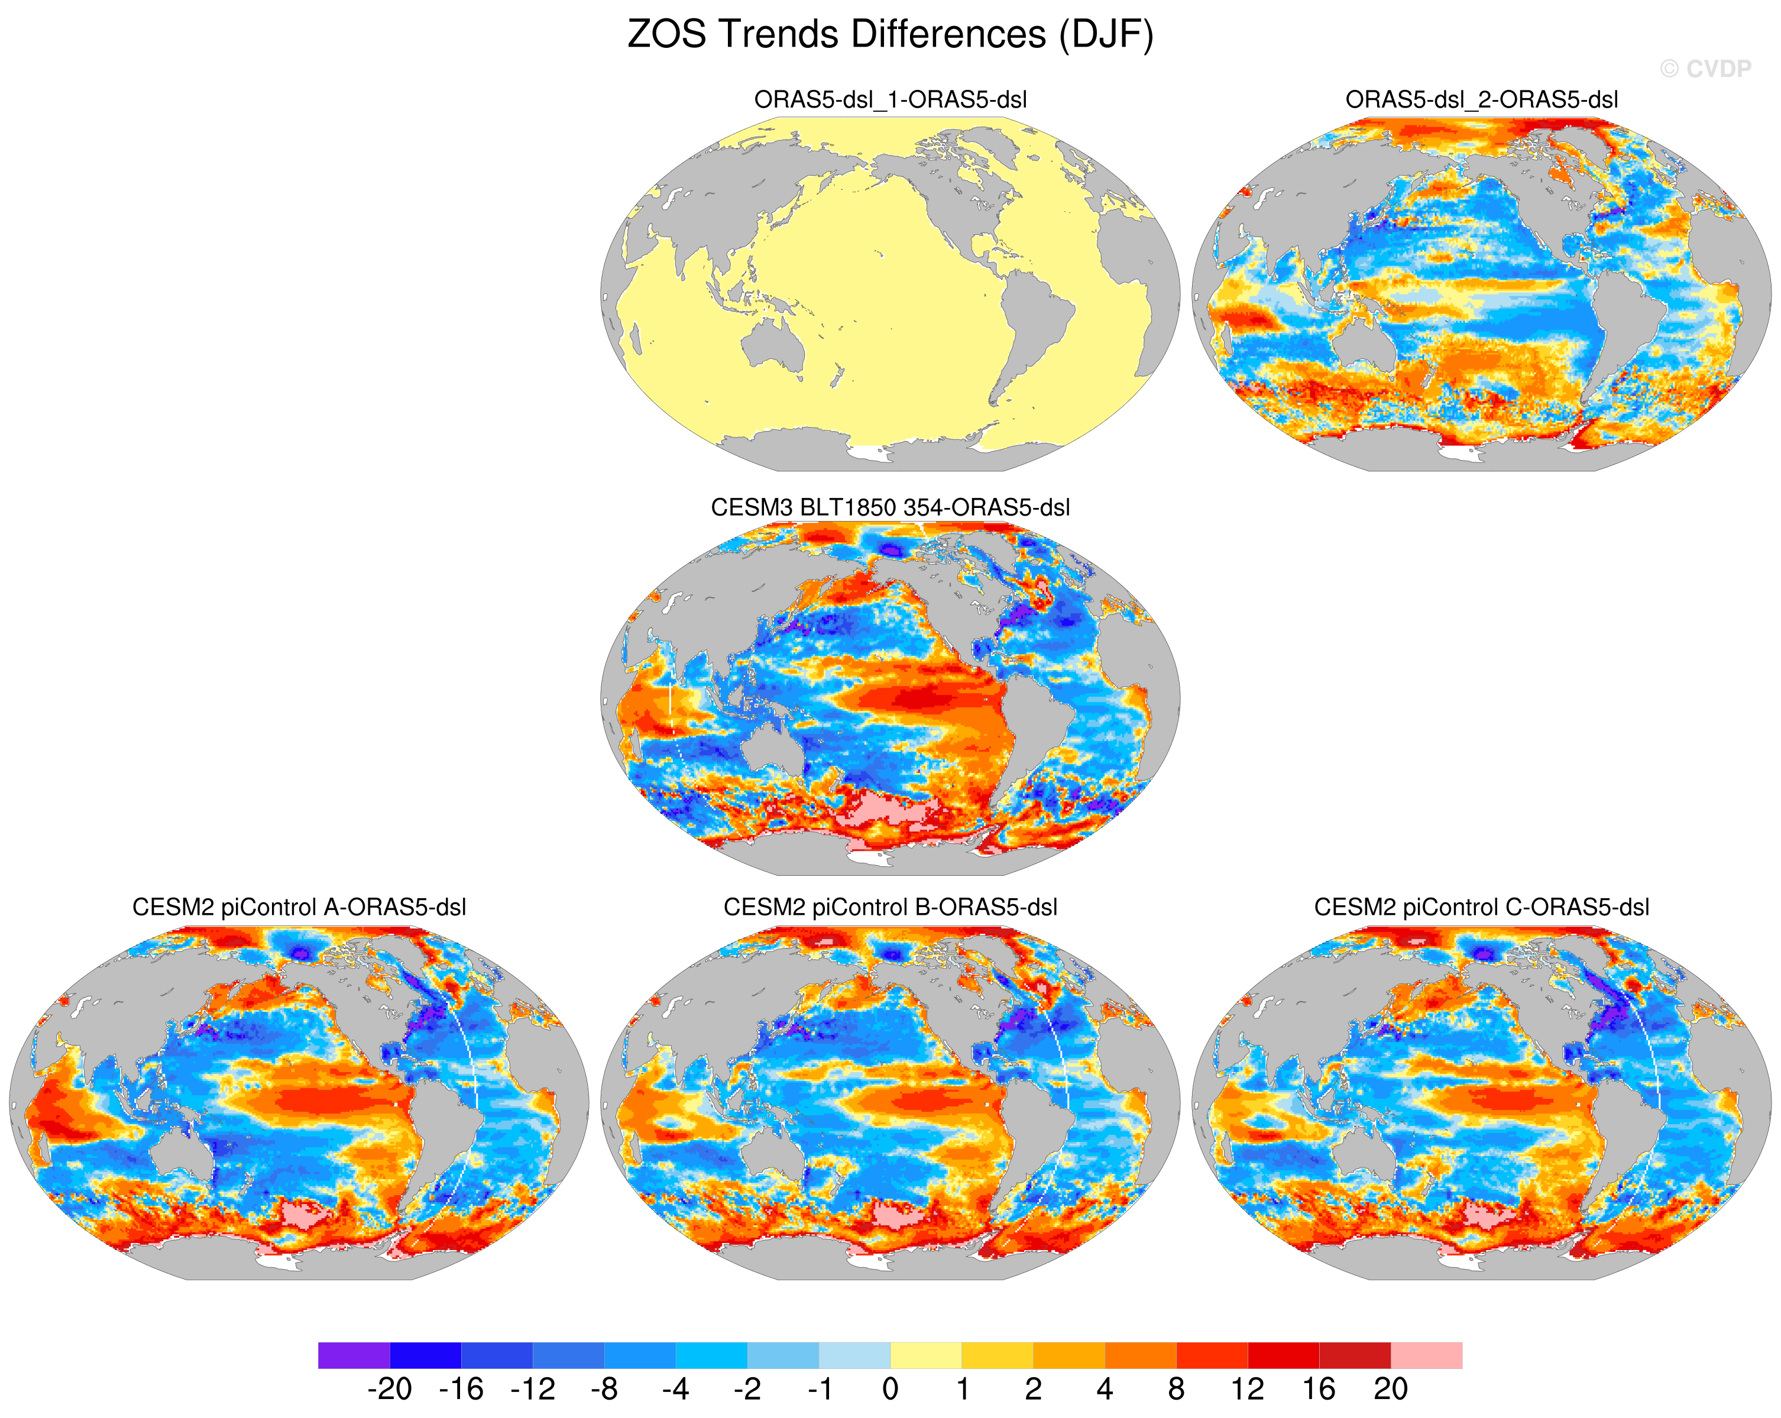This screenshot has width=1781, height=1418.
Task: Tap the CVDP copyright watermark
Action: coord(1706,69)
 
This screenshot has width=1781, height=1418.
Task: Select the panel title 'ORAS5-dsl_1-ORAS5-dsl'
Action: coord(890,100)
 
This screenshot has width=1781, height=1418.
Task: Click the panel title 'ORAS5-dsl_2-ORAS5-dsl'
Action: coord(1482,100)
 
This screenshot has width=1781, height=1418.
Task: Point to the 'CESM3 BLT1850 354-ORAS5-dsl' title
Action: coord(890,507)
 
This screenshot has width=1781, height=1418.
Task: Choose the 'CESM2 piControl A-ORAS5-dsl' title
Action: coord(299,907)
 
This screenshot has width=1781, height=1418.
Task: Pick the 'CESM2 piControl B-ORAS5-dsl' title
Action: coord(890,907)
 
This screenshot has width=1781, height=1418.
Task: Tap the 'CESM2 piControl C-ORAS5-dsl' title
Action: coord(1482,907)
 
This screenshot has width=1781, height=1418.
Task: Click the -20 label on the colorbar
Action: coord(389,1389)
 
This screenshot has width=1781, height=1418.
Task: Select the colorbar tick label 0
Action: coord(890,1389)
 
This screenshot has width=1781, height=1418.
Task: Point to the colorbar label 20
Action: coord(1391,1389)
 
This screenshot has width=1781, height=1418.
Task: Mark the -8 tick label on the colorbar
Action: coord(604,1389)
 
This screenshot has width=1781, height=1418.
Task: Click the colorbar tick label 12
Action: coord(1248,1389)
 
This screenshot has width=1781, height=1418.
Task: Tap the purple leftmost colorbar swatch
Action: coord(354,1355)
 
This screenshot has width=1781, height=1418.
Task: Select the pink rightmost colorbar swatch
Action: coord(1427,1355)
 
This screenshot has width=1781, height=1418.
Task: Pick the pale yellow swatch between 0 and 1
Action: coord(926,1355)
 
